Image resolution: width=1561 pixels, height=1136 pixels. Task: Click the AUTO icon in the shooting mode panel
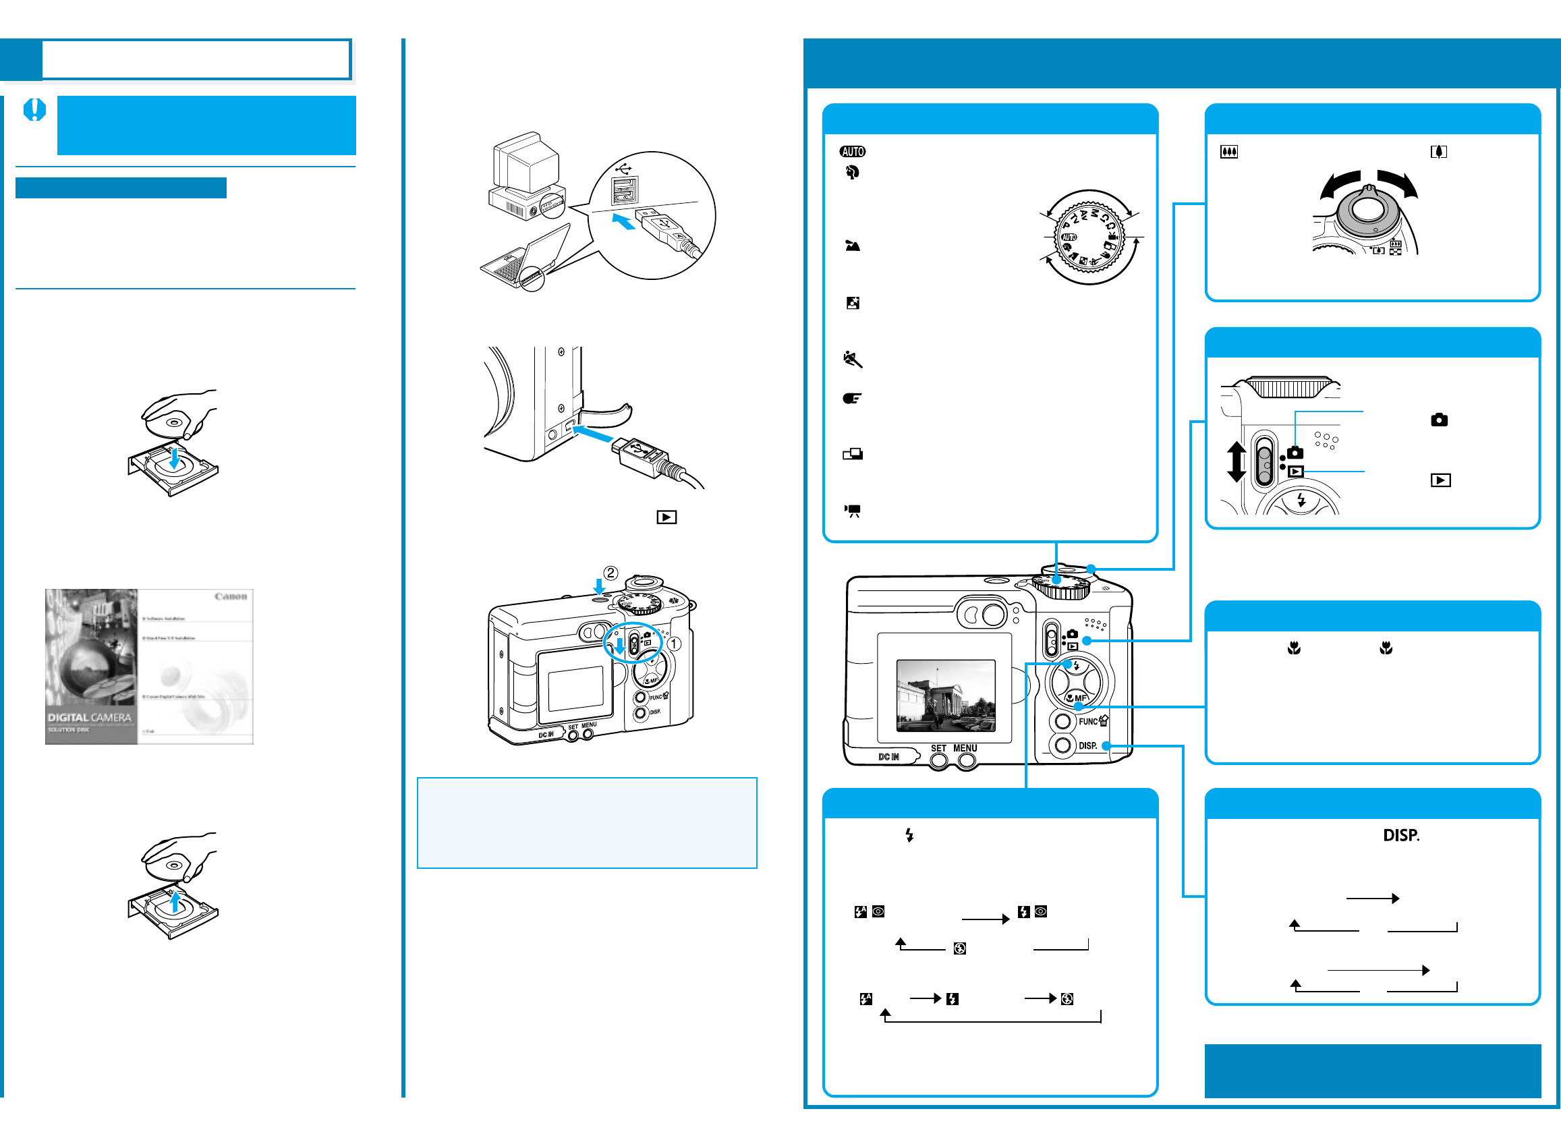pos(852,151)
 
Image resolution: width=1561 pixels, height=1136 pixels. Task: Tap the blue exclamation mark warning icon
pos(34,110)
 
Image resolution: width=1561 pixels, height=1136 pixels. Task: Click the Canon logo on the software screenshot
pos(231,596)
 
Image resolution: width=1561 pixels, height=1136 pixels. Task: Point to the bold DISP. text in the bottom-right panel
pos(1400,835)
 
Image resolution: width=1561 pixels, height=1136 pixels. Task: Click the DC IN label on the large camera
pos(888,757)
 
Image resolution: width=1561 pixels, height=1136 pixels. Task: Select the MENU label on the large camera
pos(965,749)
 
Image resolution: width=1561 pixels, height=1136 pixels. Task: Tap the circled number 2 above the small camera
pos(611,573)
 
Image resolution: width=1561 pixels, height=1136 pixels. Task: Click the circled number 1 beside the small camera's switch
pos(675,644)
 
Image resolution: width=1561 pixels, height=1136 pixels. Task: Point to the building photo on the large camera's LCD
pos(946,695)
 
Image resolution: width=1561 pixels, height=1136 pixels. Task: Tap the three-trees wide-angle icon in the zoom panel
pos(1228,152)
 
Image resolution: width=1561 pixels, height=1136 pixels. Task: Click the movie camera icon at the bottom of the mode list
pos(853,511)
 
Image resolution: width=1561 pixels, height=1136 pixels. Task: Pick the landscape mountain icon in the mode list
pos(853,246)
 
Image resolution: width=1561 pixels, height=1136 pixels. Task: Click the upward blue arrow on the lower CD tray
pos(175,901)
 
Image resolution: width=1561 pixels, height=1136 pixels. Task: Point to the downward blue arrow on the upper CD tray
pos(175,457)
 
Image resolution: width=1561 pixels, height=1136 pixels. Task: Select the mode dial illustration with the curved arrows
pos(1089,237)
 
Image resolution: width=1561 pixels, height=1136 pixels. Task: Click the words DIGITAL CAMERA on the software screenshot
pos(90,718)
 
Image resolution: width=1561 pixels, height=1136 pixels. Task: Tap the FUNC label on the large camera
pos(1087,722)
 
